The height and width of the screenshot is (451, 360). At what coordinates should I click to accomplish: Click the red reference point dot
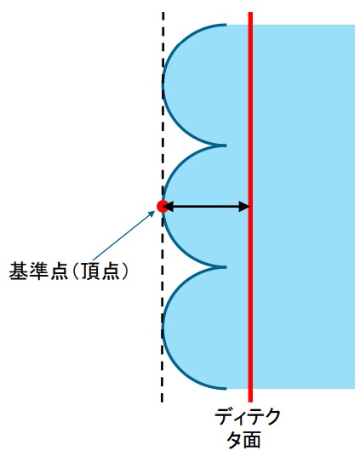tap(162, 206)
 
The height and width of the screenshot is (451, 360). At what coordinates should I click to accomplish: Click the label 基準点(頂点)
tap(68, 271)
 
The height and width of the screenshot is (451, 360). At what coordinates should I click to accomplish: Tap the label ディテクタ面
tap(247, 427)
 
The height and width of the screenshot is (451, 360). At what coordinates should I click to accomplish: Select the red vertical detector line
tap(250, 207)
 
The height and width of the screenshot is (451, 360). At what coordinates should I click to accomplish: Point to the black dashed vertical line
tap(163, 207)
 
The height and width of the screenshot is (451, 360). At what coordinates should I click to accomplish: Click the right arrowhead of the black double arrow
tap(244, 207)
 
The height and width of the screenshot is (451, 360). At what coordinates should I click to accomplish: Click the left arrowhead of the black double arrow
tap(169, 207)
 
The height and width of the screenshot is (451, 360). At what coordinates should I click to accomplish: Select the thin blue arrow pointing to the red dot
tap(124, 236)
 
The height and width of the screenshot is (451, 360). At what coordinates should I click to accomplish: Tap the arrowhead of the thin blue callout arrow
tap(152, 214)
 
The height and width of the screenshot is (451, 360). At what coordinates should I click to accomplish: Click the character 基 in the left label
tap(18, 271)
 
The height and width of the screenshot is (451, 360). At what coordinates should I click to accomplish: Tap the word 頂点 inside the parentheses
tap(100, 271)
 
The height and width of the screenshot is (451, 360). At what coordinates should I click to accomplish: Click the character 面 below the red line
tap(251, 439)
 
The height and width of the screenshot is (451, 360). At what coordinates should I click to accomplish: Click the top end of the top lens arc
tap(226, 25)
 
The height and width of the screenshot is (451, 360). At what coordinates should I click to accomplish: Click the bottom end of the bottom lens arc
tap(226, 389)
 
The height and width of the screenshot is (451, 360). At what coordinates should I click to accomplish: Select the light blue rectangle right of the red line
tap(304, 207)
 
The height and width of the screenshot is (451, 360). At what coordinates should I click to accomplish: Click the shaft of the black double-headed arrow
tap(206, 207)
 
